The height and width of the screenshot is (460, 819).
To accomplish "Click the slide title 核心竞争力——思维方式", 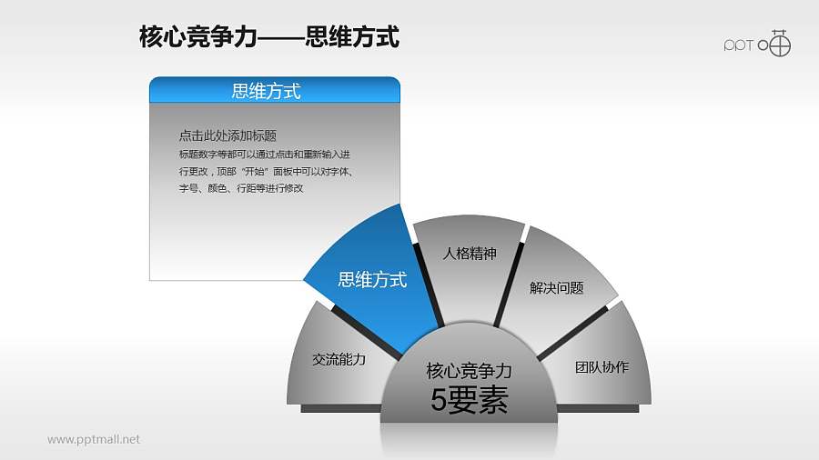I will coord(268,37).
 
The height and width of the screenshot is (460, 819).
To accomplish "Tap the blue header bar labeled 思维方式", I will coord(274,90).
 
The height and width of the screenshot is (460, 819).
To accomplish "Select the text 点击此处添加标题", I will coord(227,135).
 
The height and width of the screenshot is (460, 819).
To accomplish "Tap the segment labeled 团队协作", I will coord(602,367).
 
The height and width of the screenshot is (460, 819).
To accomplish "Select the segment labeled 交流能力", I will coord(338,360).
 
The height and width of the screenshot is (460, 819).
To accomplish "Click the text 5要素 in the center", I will coord(469,401).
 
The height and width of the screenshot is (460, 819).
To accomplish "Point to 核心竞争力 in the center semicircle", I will coord(469,371).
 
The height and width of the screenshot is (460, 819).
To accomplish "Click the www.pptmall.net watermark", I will coord(94,440).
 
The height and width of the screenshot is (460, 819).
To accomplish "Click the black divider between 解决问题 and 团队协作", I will coord(573,332).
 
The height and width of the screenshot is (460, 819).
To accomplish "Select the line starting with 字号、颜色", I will coord(240,188).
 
